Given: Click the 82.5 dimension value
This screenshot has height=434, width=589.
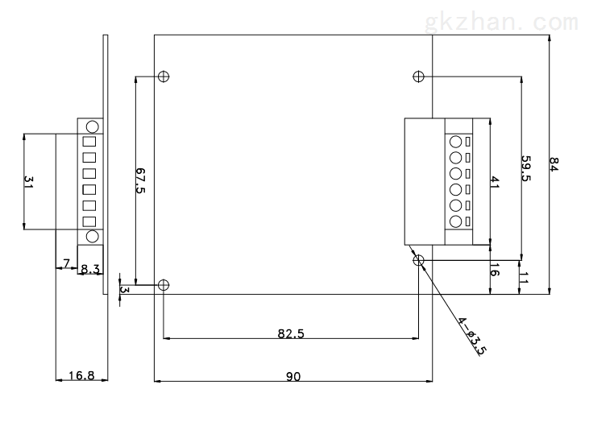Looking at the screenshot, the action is pos(291,333).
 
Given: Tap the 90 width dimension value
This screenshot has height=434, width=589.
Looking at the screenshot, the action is pos(293,376).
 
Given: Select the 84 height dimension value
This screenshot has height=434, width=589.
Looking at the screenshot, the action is pos(554,164).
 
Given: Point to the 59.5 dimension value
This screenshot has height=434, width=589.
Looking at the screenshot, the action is pos(526,168).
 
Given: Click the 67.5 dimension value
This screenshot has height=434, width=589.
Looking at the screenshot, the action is pos(140,180).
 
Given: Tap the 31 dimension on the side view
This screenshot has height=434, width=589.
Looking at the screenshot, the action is pos(28,182).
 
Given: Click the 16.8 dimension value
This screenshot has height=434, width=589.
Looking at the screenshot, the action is pos(81,375).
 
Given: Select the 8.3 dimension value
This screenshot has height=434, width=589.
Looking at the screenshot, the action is pos(90,269).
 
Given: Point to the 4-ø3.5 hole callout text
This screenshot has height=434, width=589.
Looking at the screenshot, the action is pos(472,336).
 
